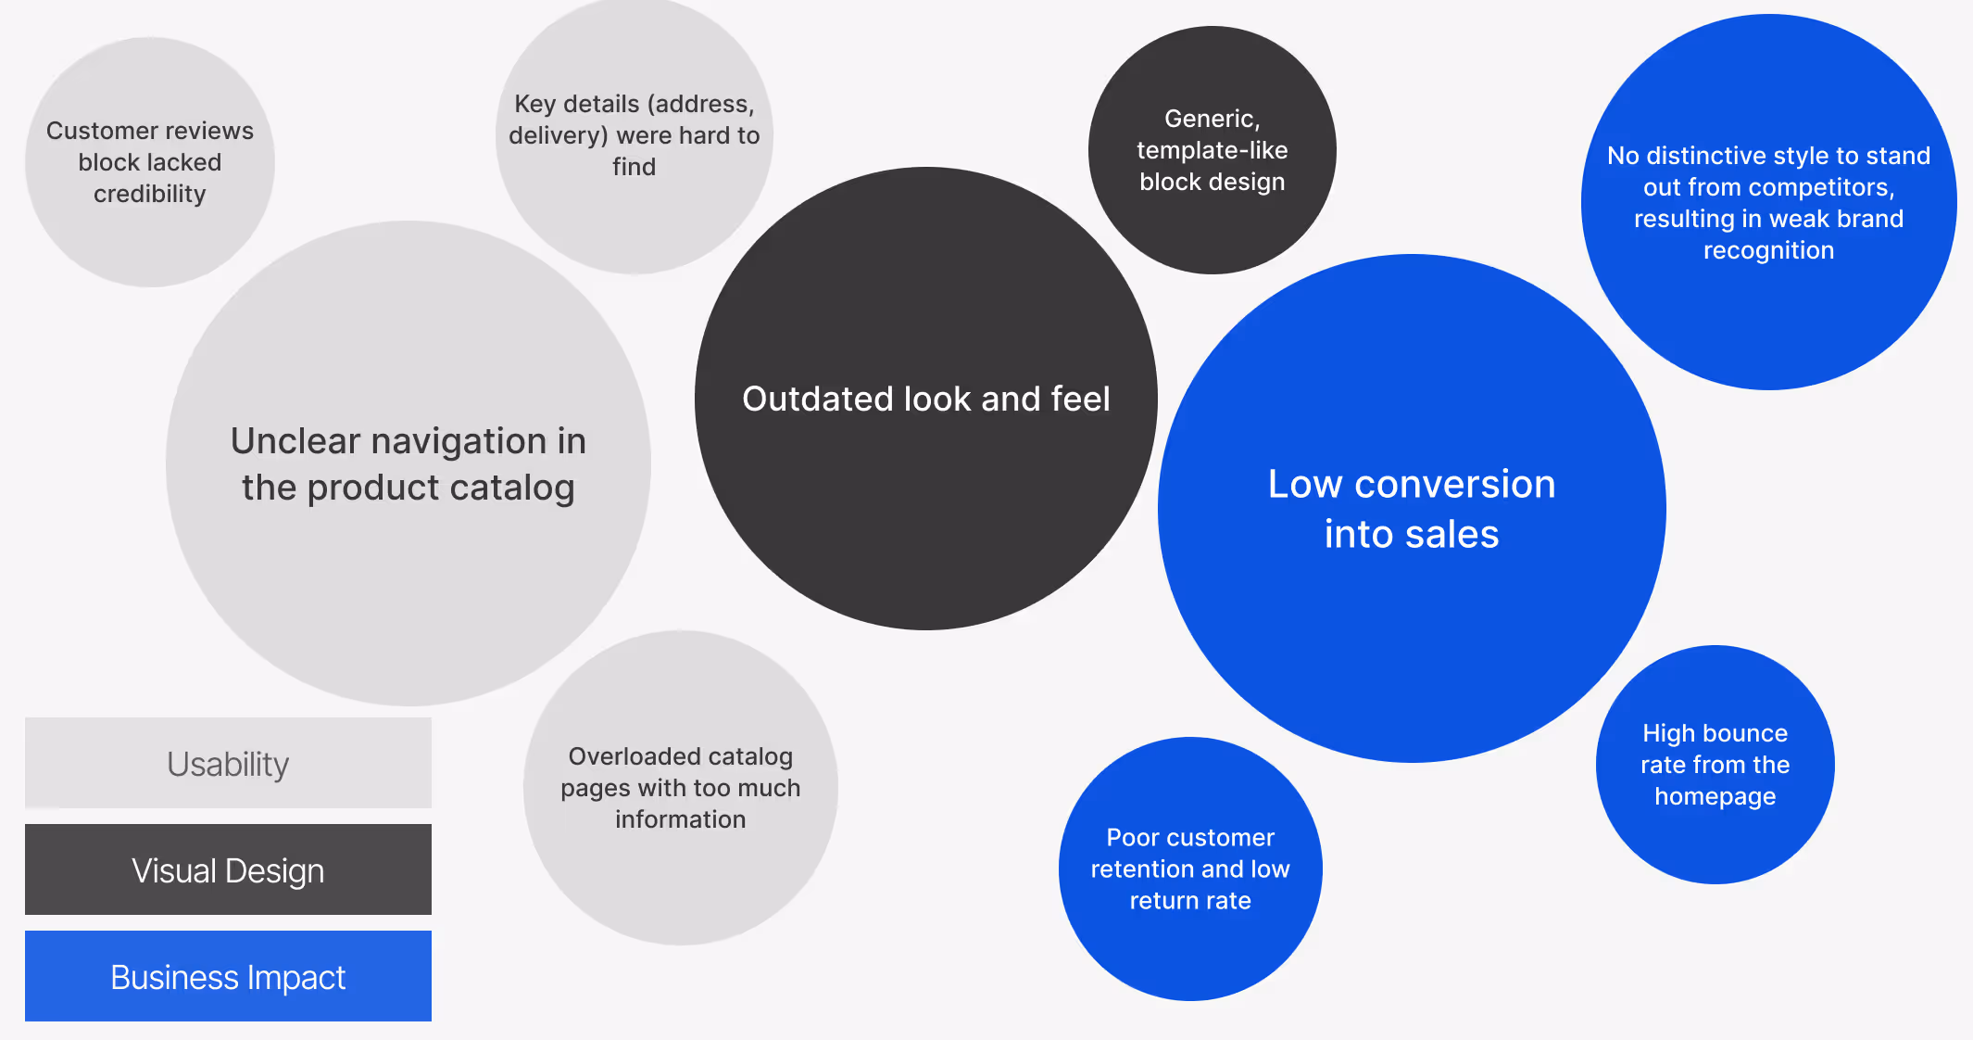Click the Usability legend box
(228, 763)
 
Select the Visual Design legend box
(228, 869)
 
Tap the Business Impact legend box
(228, 976)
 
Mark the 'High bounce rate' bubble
(1715, 834)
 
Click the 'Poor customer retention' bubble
(1190, 945)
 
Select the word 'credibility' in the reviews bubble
(150, 194)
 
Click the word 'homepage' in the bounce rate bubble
(1715, 796)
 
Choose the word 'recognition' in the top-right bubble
(1769, 250)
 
